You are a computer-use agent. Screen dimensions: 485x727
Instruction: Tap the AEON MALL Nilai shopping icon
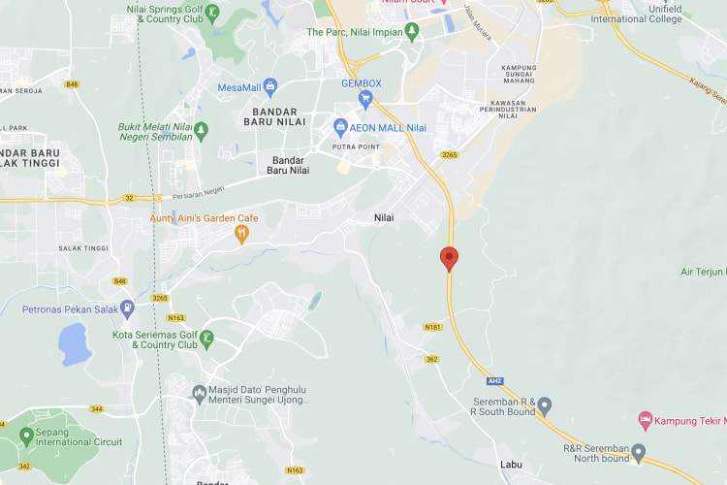click(340, 127)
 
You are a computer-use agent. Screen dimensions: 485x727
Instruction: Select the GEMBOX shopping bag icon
click(366, 98)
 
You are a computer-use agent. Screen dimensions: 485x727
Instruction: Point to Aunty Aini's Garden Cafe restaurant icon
click(241, 234)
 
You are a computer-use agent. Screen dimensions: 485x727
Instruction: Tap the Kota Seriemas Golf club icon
click(206, 338)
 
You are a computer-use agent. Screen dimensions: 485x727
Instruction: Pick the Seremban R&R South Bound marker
click(544, 404)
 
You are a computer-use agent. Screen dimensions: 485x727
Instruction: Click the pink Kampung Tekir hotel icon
click(645, 420)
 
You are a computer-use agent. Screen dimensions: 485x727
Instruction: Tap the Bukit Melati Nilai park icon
click(201, 129)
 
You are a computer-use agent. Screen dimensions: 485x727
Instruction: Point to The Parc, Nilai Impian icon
click(412, 32)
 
